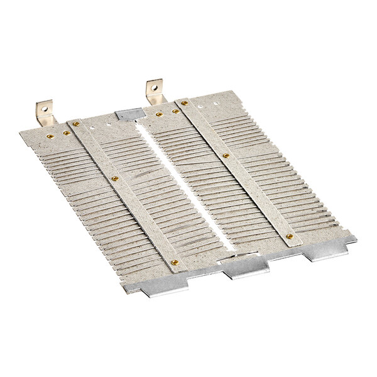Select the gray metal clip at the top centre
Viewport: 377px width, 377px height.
point(129,115)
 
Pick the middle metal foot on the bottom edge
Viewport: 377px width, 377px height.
point(246,267)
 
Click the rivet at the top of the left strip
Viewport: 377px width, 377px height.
point(76,124)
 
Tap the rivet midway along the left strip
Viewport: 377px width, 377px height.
point(114,179)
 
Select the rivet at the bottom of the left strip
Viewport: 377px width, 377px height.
point(175,261)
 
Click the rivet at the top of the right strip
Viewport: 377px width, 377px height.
point(185,102)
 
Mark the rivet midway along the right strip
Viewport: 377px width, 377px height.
point(226,155)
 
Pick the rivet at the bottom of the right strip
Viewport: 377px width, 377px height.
point(290,236)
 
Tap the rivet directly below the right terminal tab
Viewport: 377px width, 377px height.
point(159,114)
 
